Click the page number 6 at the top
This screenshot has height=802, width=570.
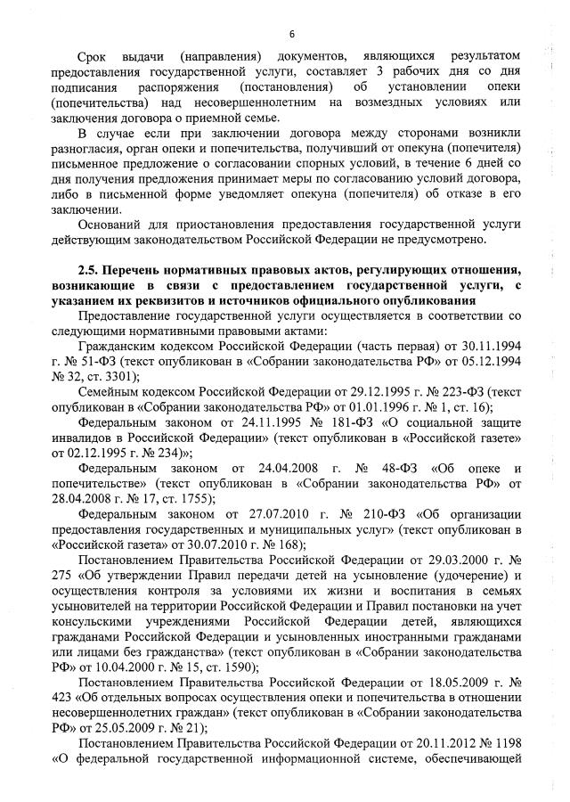click(x=291, y=34)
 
